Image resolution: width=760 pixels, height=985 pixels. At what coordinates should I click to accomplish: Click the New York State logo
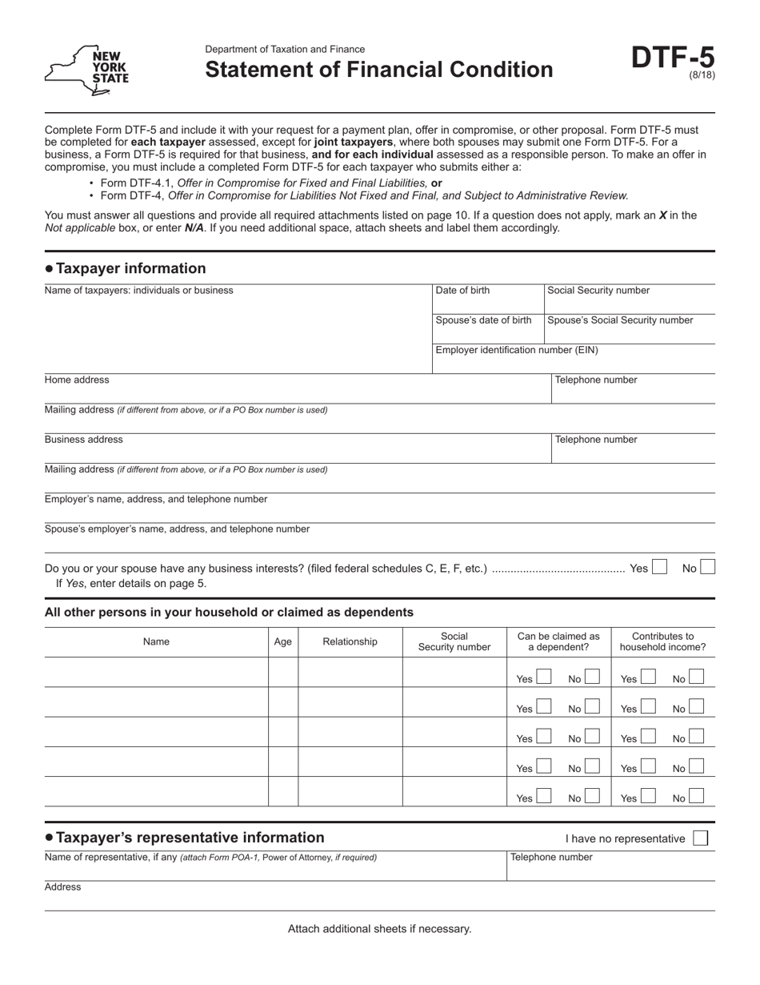pyautogui.click(x=86, y=70)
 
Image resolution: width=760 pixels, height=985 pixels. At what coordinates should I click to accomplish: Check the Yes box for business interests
pyautogui.click(x=659, y=567)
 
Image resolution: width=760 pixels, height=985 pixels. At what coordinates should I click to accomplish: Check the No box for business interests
pyautogui.click(x=707, y=567)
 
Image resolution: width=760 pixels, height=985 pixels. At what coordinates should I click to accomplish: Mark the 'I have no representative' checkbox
pyautogui.click(x=700, y=838)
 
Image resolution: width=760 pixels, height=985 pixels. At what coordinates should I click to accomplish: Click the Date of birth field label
pyautogui.click(x=462, y=291)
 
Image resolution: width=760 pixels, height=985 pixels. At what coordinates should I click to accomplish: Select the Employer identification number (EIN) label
pyautogui.click(x=516, y=350)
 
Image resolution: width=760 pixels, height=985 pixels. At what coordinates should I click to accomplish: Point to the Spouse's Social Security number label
pyautogui.click(x=620, y=320)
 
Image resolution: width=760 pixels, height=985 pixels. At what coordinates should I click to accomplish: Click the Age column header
pyautogui.click(x=283, y=641)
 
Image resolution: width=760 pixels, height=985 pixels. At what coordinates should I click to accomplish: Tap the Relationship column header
pyautogui.click(x=350, y=641)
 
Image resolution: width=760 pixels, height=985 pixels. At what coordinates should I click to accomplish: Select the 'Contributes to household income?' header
pyautogui.click(x=662, y=641)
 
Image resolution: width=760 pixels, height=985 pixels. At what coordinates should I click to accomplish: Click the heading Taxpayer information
pyautogui.click(x=130, y=268)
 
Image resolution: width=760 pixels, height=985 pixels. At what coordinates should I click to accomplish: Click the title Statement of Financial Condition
pyautogui.click(x=378, y=70)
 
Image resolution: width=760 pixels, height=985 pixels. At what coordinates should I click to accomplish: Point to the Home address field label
pyautogui.click(x=77, y=380)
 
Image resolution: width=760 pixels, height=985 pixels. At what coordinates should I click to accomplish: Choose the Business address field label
pyautogui.click(x=83, y=440)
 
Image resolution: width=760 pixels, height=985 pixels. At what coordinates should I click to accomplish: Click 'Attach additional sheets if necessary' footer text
pyautogui.click(x=379, y=929)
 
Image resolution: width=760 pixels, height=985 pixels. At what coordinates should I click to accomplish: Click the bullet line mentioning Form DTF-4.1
pyautogui.click(x=270, y=183)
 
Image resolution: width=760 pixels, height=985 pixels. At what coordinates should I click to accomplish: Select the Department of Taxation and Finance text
pyautogui.click(x=285, y=50)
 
